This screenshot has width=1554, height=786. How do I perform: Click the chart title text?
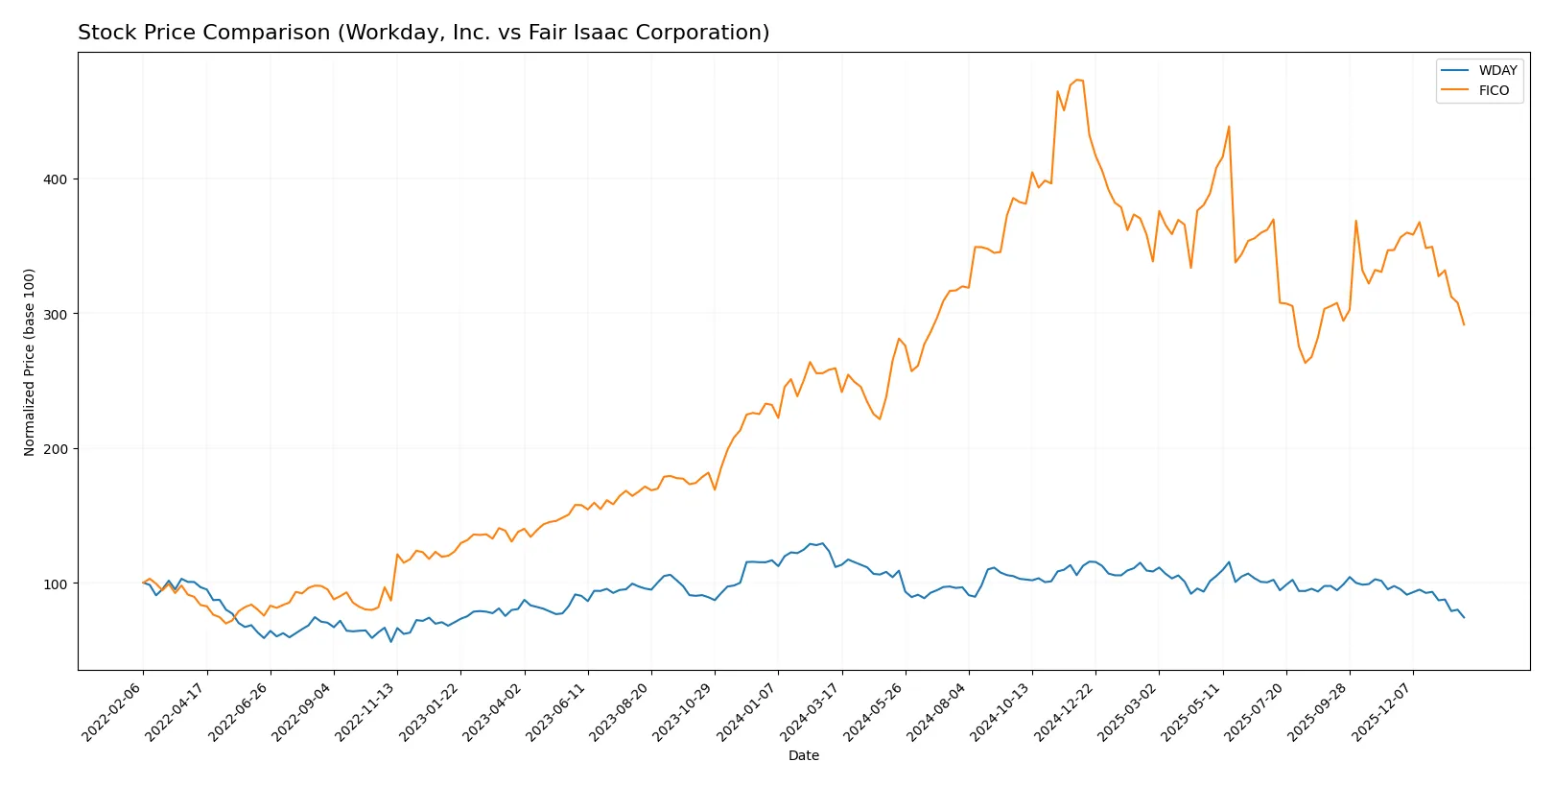(x=423, y=33)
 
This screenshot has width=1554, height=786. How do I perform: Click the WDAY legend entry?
(x=1496, y=70)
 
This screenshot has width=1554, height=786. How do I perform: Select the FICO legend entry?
(x=1493, y=90)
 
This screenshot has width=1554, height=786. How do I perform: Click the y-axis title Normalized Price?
(x=30, y=362)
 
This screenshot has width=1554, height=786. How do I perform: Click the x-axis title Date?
(x=803, y=755)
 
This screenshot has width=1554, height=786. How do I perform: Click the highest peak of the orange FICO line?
(x=1077, y=80)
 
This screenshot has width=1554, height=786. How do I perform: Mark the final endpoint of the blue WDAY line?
(x=1464, y=617)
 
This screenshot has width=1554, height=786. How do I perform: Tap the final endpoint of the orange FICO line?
(x=1464, y=324)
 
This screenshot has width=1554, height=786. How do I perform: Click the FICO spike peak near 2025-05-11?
(x=1229, y=127)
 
